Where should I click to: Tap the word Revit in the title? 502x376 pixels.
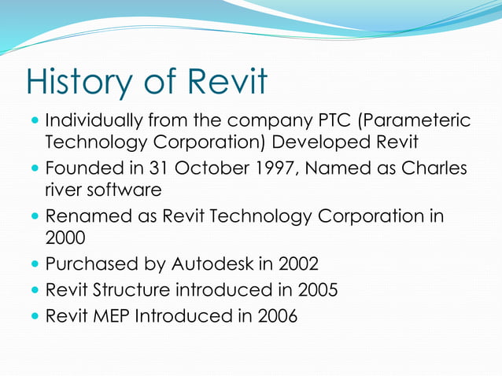pyautogui.click(x=227, y=83)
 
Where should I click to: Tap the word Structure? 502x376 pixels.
pyautogui.click(x=131, y=290)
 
